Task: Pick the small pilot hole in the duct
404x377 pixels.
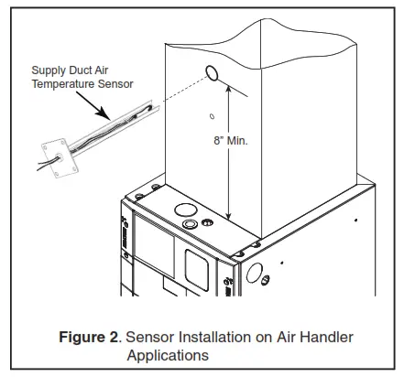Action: [x=212, y=116]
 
